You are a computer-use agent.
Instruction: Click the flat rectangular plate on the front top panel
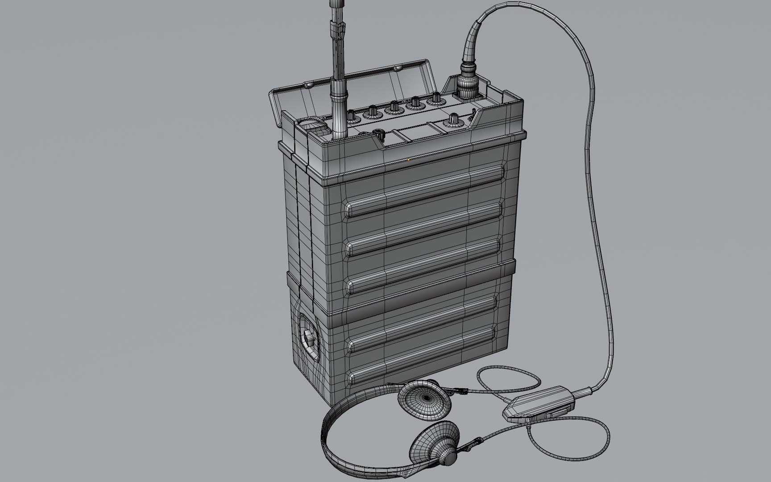pos(413,133)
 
